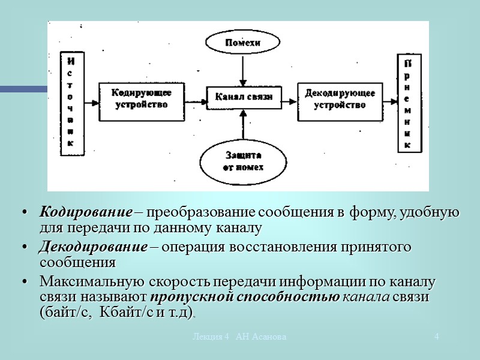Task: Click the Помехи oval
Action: click(x=242, y=43)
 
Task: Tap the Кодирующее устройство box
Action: click(x=141, y=98)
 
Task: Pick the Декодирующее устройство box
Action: click(x=340, y=98)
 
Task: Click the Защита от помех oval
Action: click(x=243, y=161)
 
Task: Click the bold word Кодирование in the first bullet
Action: click(x=85, y=212)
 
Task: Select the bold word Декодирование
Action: click(x=93, y=247)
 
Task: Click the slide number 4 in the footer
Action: click(x=437, y=337)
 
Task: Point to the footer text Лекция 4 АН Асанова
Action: click(x=239, y=337)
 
